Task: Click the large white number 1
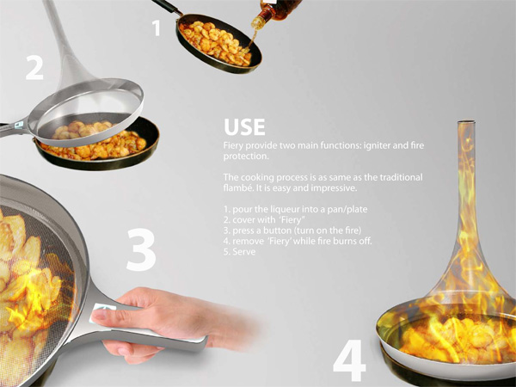pyautogui.click(x=157, y=28)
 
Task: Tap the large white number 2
pyautogui.click(x=34, y=67)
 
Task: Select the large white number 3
pyautogui.click(x=141, y=249)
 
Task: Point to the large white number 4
pyautogui.click(x=349, y=360)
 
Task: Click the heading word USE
pyautogui.click(x=244, y=127)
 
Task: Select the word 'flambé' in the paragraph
pyautogui.click(x=236, y=188)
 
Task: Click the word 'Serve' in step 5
pyautogui.click(x=244, y=252)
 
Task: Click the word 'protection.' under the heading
pyautogui.click(x=246, y=157)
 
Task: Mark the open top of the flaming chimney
pyautogui.click(x=466, y=122)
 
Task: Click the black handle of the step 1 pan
pyautogui.click(x=167, y=7)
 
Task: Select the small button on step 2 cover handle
pyautogui.click(x=19, y=125)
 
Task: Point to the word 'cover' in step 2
pyautogui.click(x=243, y=220)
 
